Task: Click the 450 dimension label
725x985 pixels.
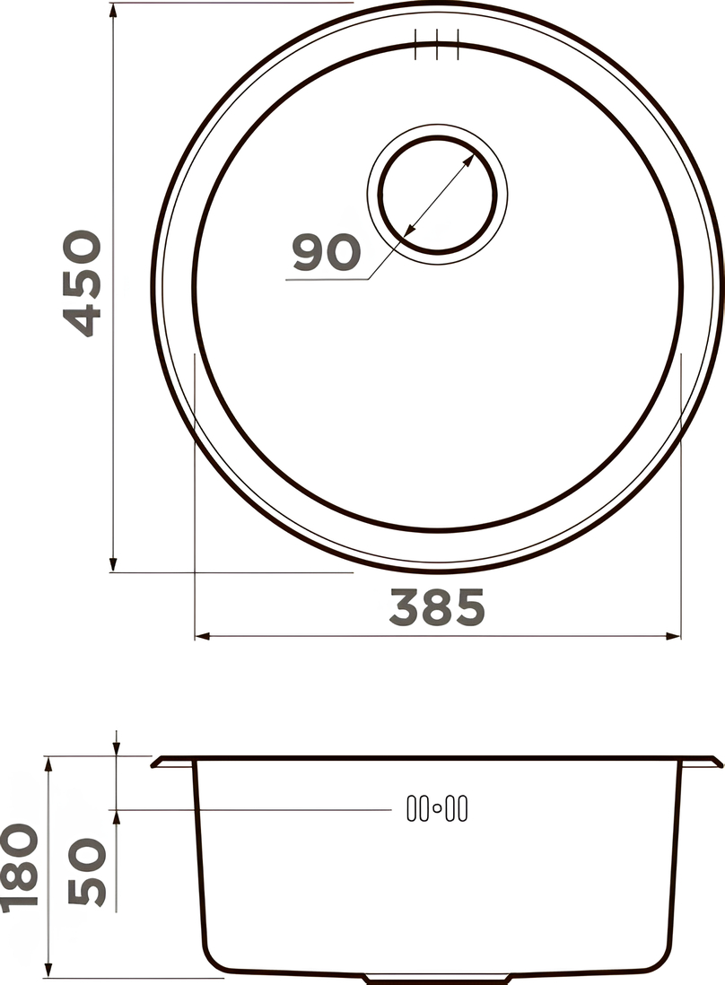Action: [83, 283]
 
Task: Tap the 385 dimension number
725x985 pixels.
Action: [437, 607]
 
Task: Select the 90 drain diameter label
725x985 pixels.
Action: [327, 253]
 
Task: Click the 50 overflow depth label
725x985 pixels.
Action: [87, 872]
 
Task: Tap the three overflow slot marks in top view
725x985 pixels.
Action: [437, 45]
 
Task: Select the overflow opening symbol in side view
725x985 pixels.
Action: [437, 808]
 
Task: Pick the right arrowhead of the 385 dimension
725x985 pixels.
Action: [674, 636]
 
